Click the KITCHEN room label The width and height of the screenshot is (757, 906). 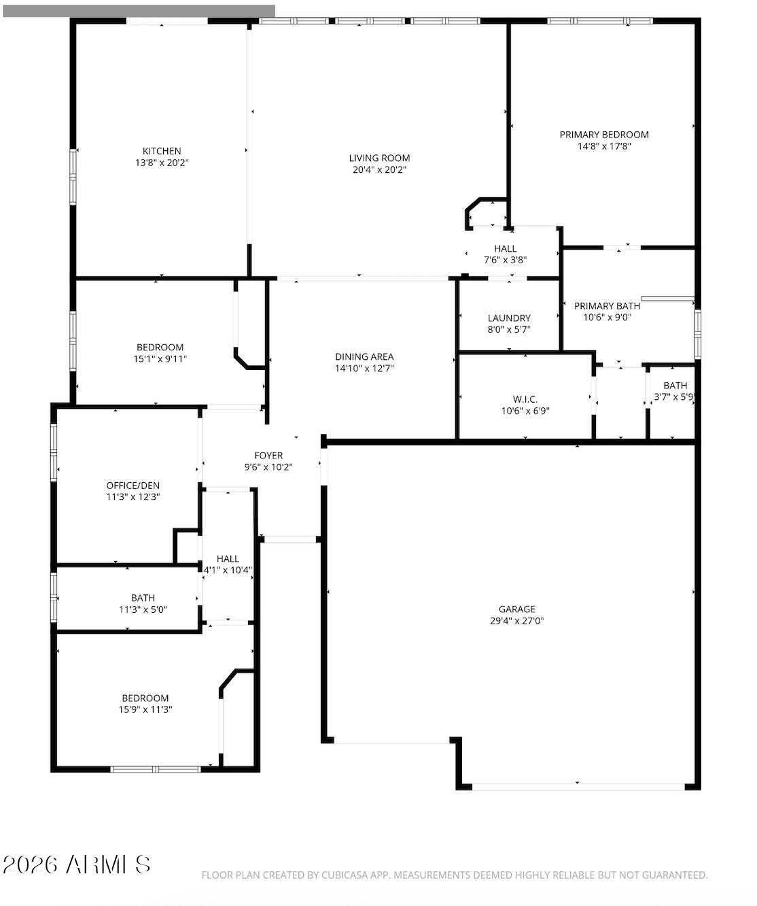point(162,151)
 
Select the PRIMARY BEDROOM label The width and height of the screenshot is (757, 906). point(603,135)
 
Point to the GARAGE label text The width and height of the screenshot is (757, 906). point(516,609)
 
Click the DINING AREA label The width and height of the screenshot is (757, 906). point(364,356)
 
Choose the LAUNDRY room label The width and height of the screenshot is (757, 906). point(509,318)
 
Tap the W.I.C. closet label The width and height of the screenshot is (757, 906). point(525,399)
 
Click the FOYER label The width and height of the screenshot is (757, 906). point(268,456)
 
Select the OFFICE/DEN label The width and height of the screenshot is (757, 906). point(133,486)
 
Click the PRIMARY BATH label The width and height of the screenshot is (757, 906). point(607,306)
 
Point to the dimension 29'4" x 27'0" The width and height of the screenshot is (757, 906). point(516,620)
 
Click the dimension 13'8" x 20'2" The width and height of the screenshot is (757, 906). point(162,163)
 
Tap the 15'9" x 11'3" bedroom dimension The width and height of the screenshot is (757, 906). point(145,709)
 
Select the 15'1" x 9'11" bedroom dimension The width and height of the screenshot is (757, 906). point(160,358)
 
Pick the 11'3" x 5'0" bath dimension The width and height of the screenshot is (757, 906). point(143,609)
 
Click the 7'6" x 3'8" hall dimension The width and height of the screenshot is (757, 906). point(505,259)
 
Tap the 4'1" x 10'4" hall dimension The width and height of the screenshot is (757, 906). point(228,570)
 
